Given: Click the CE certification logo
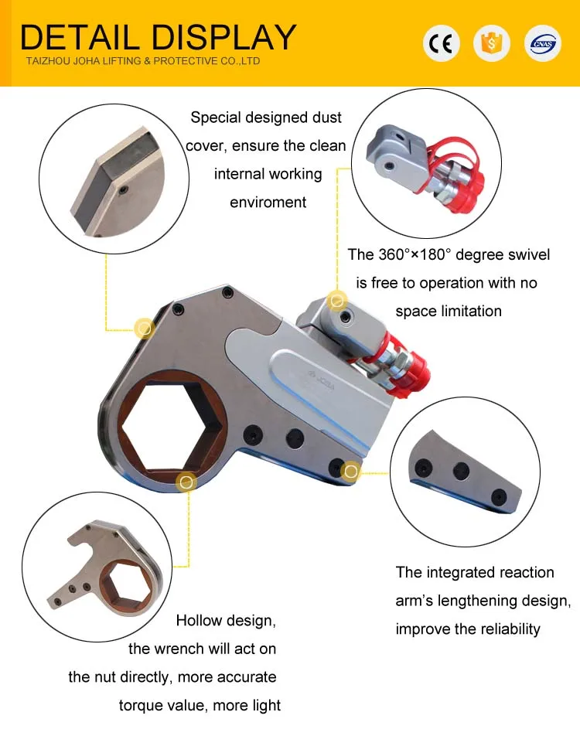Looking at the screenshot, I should (442, 43).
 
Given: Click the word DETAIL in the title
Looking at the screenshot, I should (80, 37).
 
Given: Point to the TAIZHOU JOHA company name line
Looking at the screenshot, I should (143, 61).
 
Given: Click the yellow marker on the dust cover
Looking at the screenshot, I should (144, 328).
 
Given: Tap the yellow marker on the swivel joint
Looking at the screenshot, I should (336, 300).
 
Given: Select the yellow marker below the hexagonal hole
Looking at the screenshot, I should (186, 482).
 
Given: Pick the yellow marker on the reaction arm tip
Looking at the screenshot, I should (351, 470).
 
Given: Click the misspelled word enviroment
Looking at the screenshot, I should (268, 203).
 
